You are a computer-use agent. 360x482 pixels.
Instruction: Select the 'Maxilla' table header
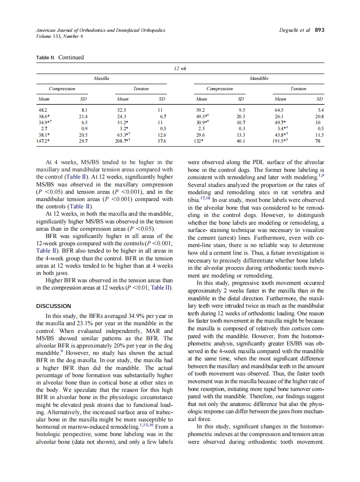click(101, 79)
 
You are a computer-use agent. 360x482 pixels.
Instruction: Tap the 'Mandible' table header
click(259, 79)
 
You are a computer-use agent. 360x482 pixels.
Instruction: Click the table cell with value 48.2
click(43, 110)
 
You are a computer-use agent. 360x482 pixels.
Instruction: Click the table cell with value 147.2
click(43, 140)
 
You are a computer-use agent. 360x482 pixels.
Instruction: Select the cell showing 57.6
click(162, 140)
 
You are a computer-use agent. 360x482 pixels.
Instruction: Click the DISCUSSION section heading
click(54, 306)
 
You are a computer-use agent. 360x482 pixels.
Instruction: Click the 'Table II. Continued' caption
click(60, 58)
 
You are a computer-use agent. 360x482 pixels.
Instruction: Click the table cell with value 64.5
click(280, 110)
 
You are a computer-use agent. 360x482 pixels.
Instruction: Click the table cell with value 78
click(317, 140)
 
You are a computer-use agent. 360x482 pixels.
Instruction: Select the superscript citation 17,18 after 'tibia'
click(205, 199)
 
